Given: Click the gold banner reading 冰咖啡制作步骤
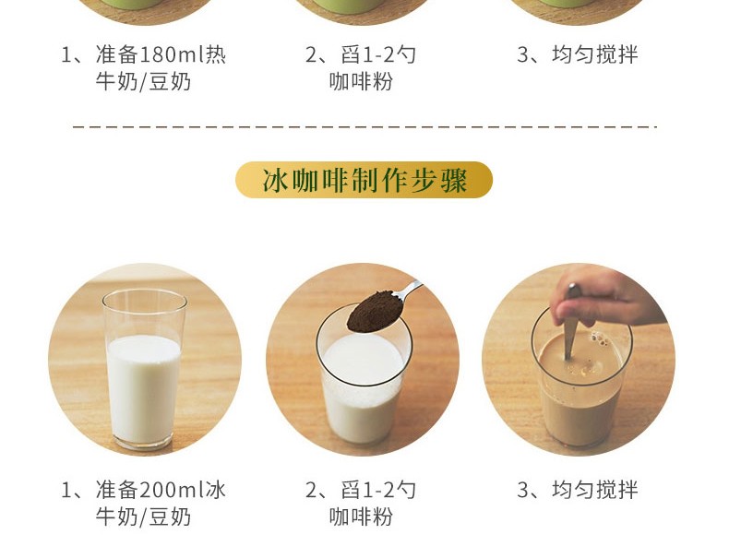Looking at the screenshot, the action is [364, 180].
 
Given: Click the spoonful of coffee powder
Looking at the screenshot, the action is [375, 311].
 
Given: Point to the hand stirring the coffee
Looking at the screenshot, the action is [604, 295].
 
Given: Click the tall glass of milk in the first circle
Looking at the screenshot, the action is [144, 369].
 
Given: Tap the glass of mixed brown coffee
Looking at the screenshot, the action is [581, 376].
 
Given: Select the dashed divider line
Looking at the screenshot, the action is [364, 126].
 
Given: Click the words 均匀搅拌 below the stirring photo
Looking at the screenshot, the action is [594, 490].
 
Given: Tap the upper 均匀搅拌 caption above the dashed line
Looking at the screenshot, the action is [594, 54].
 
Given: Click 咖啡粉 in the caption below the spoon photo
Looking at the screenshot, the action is [361, 517].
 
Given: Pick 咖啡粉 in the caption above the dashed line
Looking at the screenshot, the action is [361, 82].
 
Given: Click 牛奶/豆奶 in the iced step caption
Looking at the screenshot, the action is [143, 517].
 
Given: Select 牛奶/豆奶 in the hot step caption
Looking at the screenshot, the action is [143, 82].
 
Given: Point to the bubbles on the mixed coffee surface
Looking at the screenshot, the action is [600, 339].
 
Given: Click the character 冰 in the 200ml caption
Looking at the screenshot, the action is [216, 490].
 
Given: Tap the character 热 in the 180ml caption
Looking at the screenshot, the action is [216, 54].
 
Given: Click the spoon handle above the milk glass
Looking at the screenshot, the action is [409, 290].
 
